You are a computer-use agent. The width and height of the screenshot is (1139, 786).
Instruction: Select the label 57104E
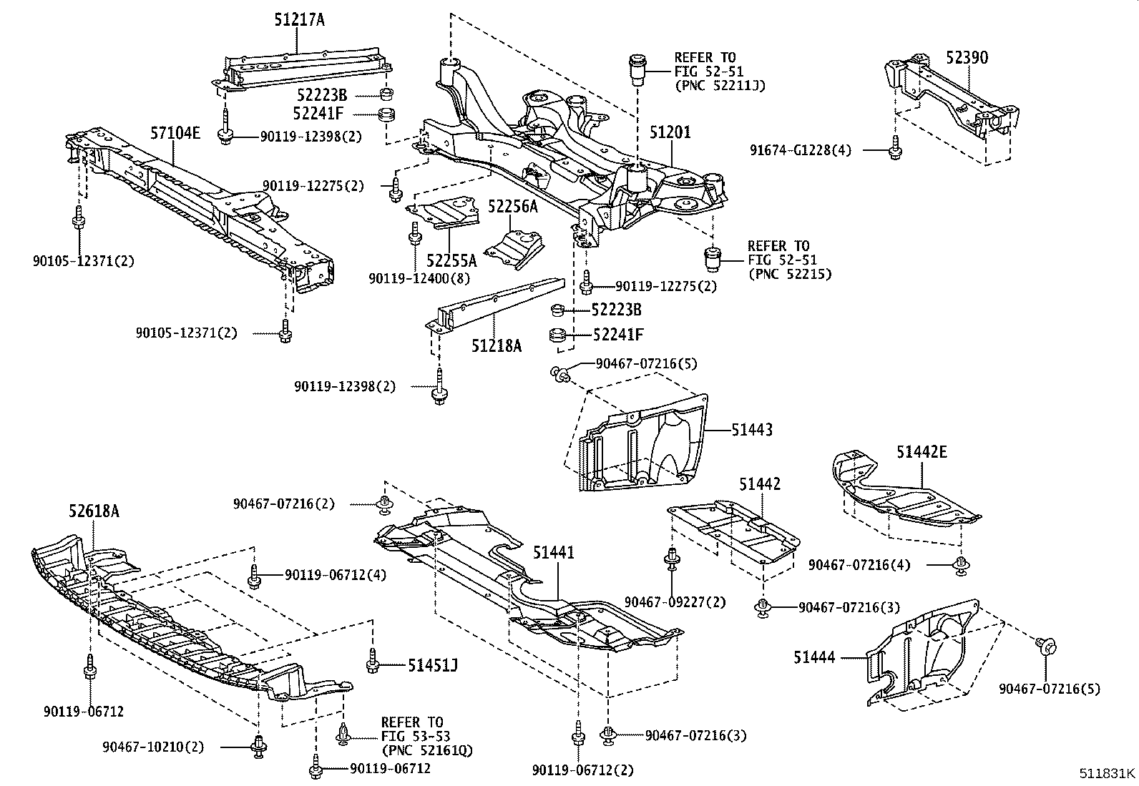pos(175,132)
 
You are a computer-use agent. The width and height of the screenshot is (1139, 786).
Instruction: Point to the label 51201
pos(670,133)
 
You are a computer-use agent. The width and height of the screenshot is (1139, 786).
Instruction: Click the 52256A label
pos(512,207)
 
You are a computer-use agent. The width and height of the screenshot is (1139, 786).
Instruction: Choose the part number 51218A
pos(496,346)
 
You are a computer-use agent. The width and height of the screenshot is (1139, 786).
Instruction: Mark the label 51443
pos(752,430)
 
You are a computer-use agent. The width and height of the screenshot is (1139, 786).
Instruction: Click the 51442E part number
pos(922,451)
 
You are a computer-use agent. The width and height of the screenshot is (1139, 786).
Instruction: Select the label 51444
pos(813,657)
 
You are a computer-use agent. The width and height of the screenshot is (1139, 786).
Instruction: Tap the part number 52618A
pos(94,511)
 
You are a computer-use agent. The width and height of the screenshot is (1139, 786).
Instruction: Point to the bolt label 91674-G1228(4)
pos(801,150)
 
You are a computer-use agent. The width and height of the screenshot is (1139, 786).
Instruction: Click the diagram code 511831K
pos(1107,773)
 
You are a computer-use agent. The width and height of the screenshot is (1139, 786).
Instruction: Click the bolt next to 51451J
pos(372,662)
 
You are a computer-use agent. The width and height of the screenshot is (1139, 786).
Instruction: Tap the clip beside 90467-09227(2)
pos(673,559)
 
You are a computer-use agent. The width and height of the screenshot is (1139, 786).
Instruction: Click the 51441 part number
pos(553,552)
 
